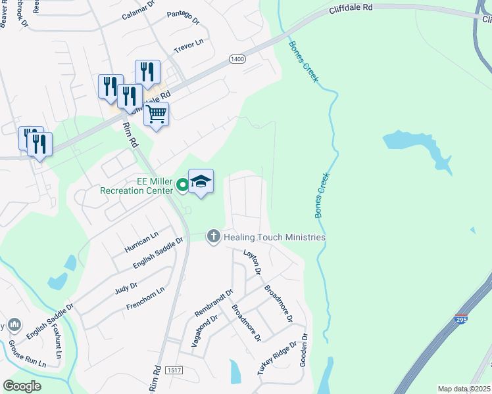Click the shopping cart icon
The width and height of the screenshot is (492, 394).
point(156,114)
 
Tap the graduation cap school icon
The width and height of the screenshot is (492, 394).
point(201,182)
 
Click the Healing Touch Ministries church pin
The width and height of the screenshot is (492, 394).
point(213,236)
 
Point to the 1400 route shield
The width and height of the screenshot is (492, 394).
point(237,59)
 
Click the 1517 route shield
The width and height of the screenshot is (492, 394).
point(174,372)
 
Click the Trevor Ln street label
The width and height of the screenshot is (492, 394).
point(189,46)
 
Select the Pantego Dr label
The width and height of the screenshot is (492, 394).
point(183,18)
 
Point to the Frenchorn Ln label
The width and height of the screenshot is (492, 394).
point(145,299)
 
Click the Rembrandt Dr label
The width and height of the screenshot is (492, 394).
point(214,303)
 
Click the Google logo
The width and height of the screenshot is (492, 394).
point(22,386)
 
